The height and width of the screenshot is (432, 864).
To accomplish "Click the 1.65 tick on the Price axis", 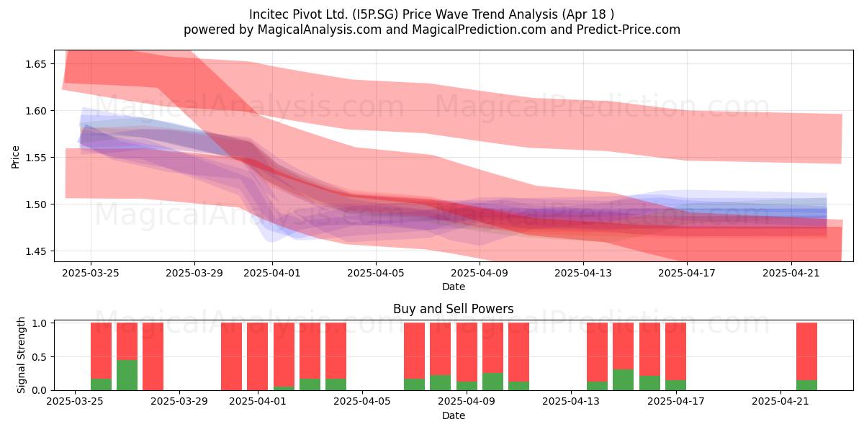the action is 35,64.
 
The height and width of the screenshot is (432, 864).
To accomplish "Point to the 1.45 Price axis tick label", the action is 35,251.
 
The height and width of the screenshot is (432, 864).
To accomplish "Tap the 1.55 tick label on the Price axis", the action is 35,158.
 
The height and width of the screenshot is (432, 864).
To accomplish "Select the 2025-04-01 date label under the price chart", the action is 272,273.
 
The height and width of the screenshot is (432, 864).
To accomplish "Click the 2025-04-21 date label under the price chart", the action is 791,273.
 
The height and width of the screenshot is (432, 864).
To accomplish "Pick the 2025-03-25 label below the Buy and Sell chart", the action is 75,402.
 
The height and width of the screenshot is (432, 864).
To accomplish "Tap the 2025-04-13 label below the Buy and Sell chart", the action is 571,402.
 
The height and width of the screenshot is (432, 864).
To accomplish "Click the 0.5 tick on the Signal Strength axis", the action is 40,357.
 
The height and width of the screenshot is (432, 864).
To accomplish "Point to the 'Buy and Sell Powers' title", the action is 453,309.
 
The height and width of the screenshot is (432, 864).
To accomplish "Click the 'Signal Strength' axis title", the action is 21,355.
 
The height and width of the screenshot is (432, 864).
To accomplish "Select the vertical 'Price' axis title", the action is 15,157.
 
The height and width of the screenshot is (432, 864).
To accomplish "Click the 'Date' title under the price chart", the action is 453,287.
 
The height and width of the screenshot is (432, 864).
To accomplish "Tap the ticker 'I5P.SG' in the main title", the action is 374,14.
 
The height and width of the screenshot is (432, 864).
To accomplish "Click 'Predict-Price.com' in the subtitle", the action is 629,30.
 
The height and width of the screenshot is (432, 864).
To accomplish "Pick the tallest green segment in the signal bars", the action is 127,375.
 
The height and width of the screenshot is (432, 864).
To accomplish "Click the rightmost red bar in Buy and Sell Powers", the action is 806,351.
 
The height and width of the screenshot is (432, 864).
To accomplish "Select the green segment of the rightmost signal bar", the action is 806,385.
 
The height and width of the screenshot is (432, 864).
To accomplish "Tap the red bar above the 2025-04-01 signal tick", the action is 257,356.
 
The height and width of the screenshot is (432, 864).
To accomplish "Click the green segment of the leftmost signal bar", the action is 101,384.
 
